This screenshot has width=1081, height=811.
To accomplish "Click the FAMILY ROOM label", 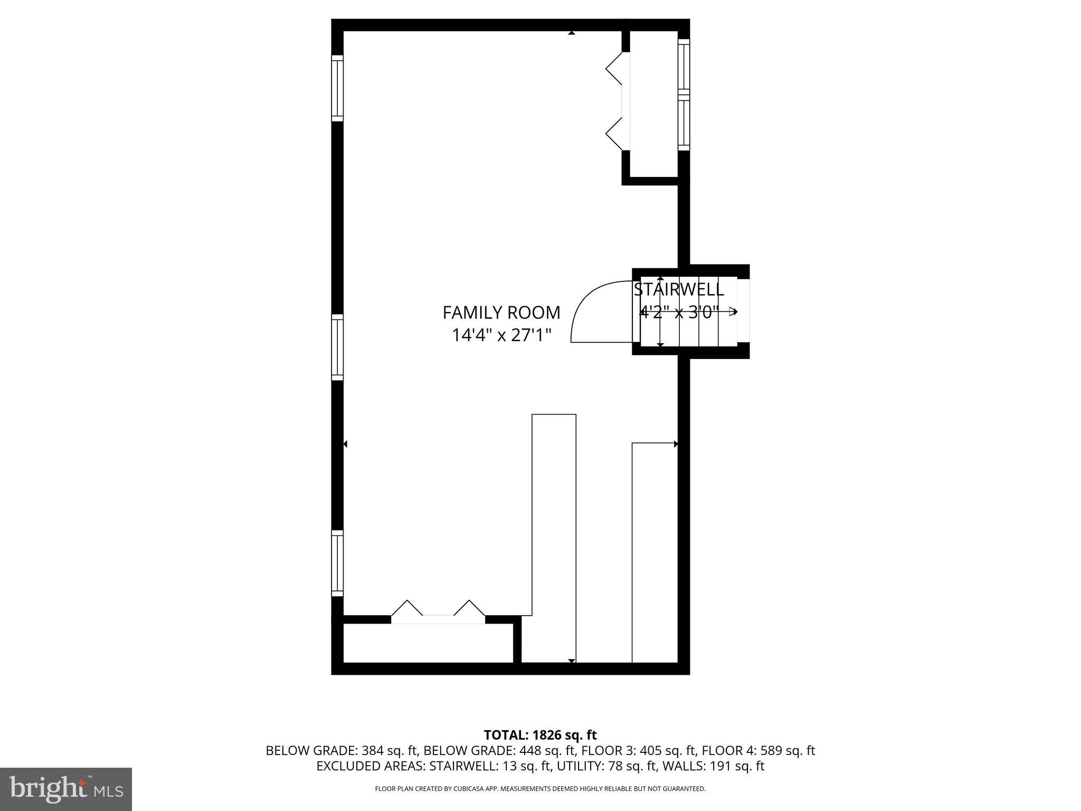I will click(501, 313).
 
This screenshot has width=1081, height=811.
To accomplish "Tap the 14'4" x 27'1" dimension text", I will click(501, 335).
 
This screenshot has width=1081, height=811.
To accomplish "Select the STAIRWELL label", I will click(678, 289).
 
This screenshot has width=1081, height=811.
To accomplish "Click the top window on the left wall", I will click(337, 88).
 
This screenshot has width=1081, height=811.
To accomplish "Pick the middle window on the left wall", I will click(337, 347).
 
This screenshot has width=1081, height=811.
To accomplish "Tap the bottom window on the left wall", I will click(337, 563).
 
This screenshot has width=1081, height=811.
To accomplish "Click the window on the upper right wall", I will click(684, 95).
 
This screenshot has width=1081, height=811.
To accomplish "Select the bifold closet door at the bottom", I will click(438, 612).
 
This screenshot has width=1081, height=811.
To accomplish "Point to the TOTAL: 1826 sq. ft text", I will click(540, 735).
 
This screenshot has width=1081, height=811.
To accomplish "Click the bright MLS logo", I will click(66, 789).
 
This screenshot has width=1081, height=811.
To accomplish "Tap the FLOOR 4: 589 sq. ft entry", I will click(758, 750).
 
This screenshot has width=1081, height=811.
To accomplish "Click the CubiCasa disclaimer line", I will click(540, 789).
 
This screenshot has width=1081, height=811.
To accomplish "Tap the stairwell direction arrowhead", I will click(733, 312).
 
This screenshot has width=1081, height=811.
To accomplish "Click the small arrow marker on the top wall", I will click(571, 33).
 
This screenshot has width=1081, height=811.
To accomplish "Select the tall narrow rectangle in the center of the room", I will click(554, 528).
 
